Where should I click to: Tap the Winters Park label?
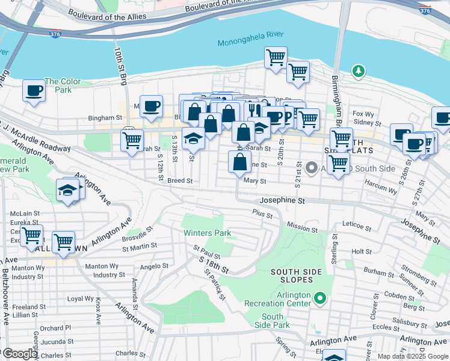(x=207, y=233)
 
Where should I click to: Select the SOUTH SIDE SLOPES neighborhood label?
(x=300, y=277)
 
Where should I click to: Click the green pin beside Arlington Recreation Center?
(x=321, y=297)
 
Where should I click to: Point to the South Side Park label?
(x=273, y=321)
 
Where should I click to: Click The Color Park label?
(x=62, y=85)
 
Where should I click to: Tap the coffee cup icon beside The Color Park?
(x=34, y=91)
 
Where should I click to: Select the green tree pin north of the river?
(x=359, y=72)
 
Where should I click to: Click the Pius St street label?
(x=263, y=214)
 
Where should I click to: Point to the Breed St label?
(x=180, y=180)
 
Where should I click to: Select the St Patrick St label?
(x=214, y=285)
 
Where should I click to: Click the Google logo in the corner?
(x=19, y=354)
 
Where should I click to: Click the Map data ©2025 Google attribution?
(x=413, y=356)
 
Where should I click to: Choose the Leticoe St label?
(x=357, y=227)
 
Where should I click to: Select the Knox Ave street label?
(x=97, y=310)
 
